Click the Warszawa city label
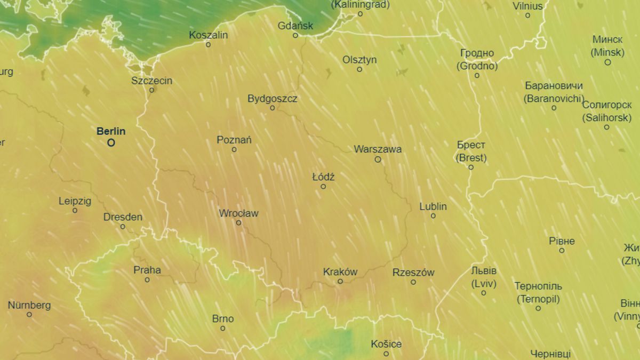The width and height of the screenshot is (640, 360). (378, 149)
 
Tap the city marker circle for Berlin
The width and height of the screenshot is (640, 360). (111, 142)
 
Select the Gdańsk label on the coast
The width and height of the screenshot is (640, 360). (295, 26)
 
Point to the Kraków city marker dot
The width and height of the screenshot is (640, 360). (340, 281)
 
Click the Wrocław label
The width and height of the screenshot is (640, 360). (238, 213)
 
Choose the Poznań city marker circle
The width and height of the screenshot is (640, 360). (234, 149)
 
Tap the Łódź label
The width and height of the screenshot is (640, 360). (323, 177)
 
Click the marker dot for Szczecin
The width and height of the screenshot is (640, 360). (151, 90)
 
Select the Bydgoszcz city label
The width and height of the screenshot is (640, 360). (273, 99)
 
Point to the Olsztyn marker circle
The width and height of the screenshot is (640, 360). (359, 69)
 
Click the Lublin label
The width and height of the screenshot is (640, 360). (433, 206)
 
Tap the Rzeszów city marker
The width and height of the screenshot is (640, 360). (413, 282)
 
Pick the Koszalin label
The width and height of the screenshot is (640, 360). (209, 35)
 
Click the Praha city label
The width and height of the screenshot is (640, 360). (147, 270)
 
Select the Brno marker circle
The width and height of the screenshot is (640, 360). (223, 328)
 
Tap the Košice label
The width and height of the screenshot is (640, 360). (386, 344)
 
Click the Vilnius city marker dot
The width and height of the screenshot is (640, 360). (527, 15)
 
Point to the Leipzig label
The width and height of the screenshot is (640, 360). (75, 201)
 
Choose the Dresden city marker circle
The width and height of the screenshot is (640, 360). (123, 227)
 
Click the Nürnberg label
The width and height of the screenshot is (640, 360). (29, 305)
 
